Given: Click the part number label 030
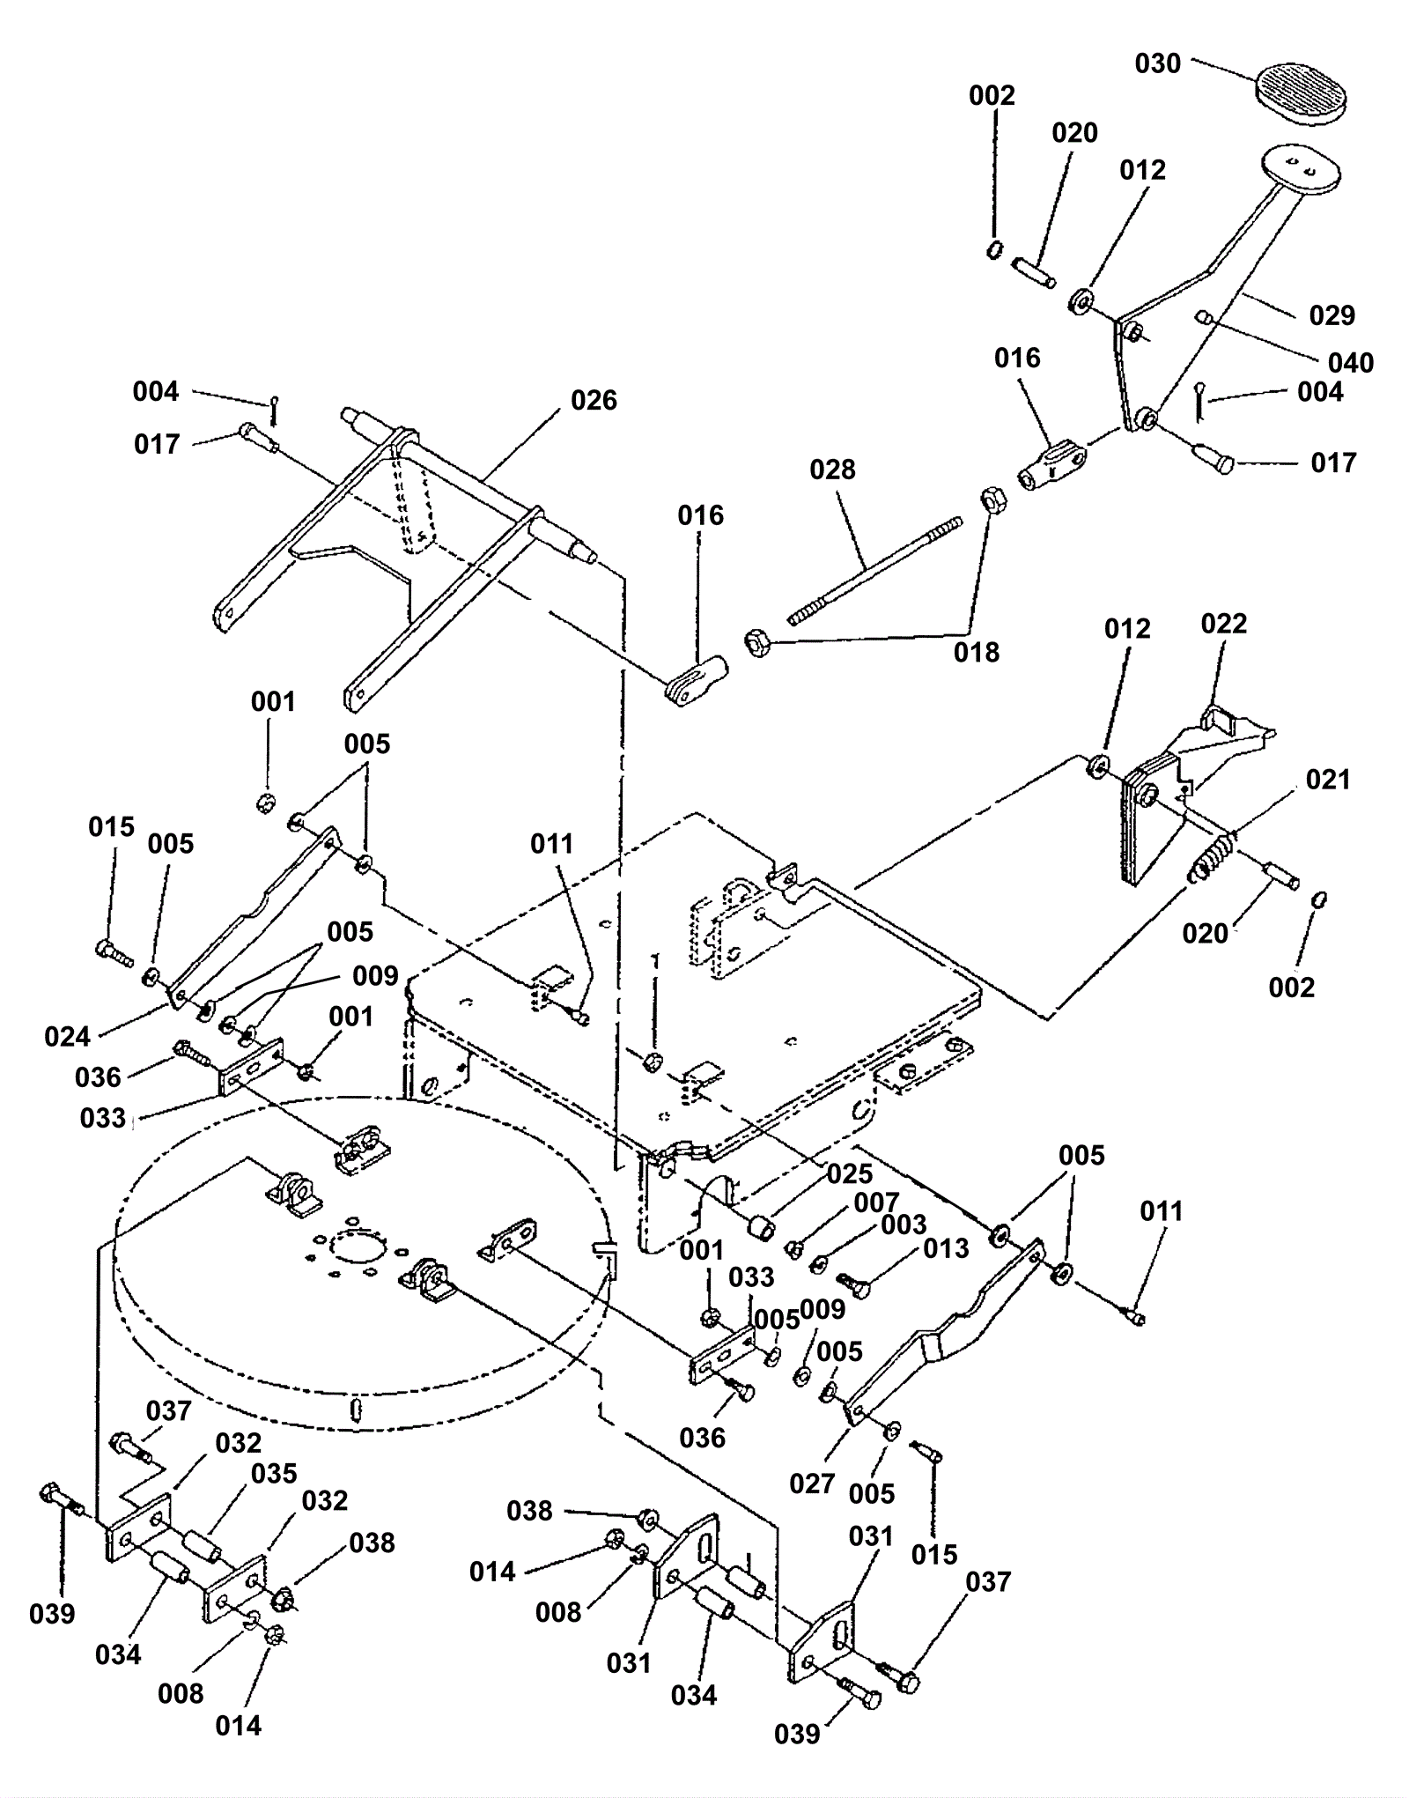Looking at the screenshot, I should [x=1157, y=63].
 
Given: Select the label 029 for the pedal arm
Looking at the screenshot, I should [x=1332, y=315].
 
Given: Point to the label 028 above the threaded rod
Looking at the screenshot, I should [x=832, y=470].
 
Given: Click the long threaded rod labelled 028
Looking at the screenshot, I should [x=875, y=570].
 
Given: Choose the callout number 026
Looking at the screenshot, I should [x=594, y=401].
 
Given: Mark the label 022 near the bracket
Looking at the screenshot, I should [x=1223, y=624].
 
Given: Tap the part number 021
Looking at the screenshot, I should [x=1327, y=780].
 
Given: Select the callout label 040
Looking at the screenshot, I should [x=1350, y=362].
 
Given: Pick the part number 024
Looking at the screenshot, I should [x=68, y=1036].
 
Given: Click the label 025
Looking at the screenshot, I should [x=849, y=1173].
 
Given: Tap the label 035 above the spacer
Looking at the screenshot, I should [x=274, y=1473].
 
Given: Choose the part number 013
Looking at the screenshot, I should [x=946, y=1248].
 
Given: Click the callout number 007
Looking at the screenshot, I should [x=875, y=1202].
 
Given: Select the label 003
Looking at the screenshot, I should [x=904, y=1225].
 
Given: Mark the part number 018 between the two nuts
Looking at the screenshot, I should [x=976, y=652].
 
